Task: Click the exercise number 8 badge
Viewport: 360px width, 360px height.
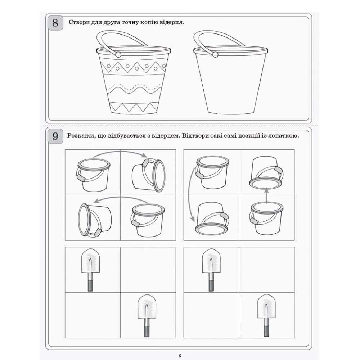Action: coord(55,23)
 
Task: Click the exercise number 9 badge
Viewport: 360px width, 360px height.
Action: coord(55,136)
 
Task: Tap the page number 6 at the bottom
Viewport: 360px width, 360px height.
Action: coord(180,356)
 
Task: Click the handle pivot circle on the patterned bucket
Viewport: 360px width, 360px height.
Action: coord(118,55)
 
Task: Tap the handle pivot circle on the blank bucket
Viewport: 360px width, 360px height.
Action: coord(215,55)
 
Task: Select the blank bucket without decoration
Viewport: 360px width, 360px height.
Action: coord(231,72)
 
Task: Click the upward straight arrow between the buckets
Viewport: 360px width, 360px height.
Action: coord(266,195)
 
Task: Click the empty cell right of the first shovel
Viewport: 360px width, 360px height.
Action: coord(148,270)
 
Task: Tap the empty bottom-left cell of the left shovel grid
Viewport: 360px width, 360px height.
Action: coord(93,315)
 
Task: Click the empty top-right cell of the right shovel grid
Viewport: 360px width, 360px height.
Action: coord(266,270)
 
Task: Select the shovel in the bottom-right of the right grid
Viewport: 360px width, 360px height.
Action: coord(266,315)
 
